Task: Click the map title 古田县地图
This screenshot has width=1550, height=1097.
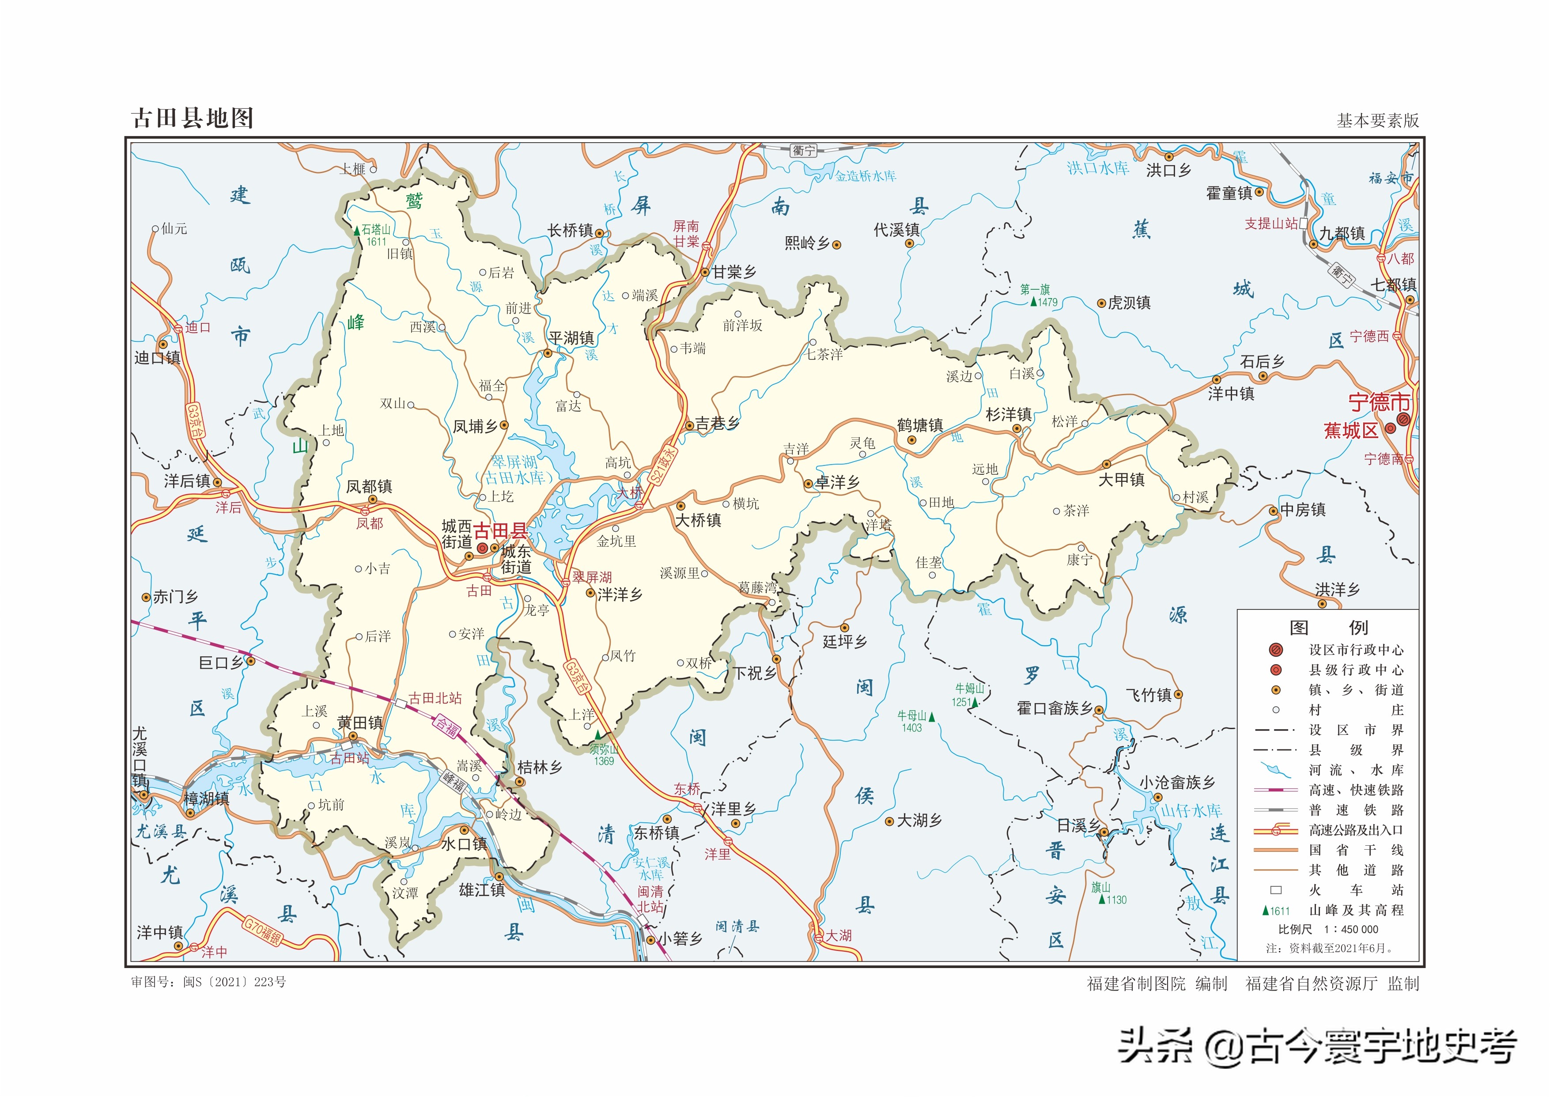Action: click(193, 118)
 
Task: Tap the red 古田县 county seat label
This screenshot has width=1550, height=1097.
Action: click(500, 531)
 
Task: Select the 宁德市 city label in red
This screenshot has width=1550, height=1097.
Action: click(1379, 403)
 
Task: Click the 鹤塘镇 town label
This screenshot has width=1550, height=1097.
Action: click(920, 425)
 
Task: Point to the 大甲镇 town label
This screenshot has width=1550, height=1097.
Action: click(1121, 480)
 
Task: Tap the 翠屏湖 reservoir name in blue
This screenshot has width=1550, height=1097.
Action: click(513, 462)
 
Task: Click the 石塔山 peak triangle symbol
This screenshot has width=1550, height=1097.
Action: click(357, 231)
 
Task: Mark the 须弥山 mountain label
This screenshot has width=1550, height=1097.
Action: click(603, 749)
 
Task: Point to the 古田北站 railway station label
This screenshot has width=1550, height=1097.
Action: click(435, 698)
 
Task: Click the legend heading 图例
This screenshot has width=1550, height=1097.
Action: click(1328, 628)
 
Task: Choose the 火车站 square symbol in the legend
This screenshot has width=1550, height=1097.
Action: click(1276, 889)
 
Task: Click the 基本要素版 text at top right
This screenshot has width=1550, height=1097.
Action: click(1378, 120)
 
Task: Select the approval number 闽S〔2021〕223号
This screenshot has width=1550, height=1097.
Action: click(234, 981)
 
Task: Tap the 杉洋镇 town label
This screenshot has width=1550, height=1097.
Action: click(1008, 415)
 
